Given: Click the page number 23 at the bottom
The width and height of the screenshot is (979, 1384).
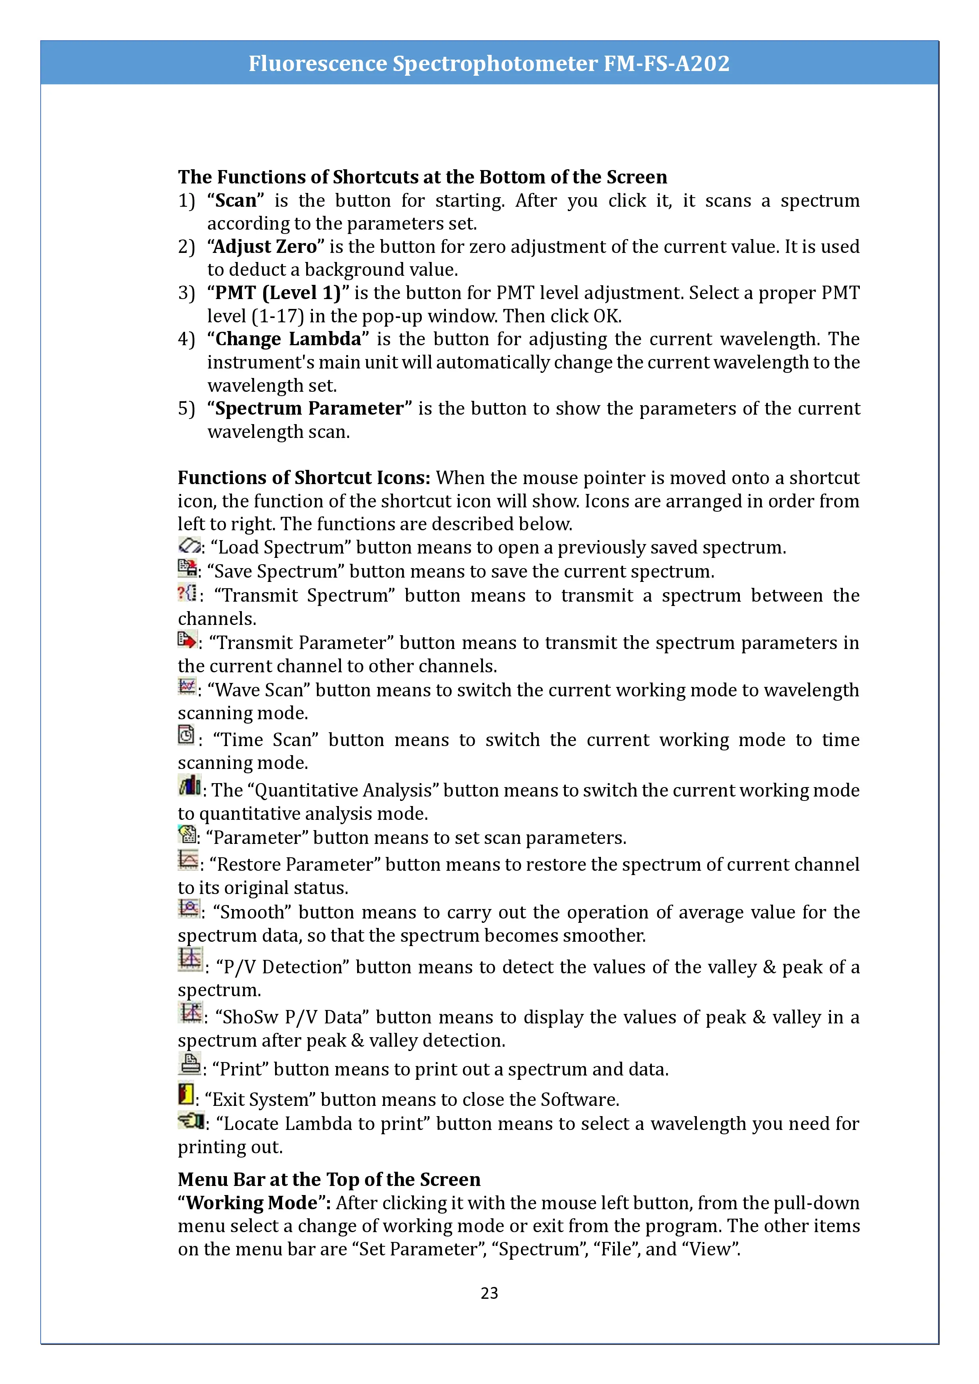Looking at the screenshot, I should [489, 1292].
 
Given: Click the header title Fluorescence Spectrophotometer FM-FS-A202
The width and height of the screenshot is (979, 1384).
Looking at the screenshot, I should [489, 63].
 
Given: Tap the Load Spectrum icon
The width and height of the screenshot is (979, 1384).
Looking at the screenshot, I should [189, 546].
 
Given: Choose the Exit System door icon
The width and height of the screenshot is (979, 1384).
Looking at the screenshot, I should [186, 1094].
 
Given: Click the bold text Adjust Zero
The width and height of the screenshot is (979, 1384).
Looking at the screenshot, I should [265, 247].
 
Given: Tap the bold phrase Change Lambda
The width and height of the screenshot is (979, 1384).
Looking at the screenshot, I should [288, 339].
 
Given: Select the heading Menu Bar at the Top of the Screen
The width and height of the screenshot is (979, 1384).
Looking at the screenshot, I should [329, 1179].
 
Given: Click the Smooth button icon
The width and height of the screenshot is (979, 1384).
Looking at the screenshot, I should [189, 908].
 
